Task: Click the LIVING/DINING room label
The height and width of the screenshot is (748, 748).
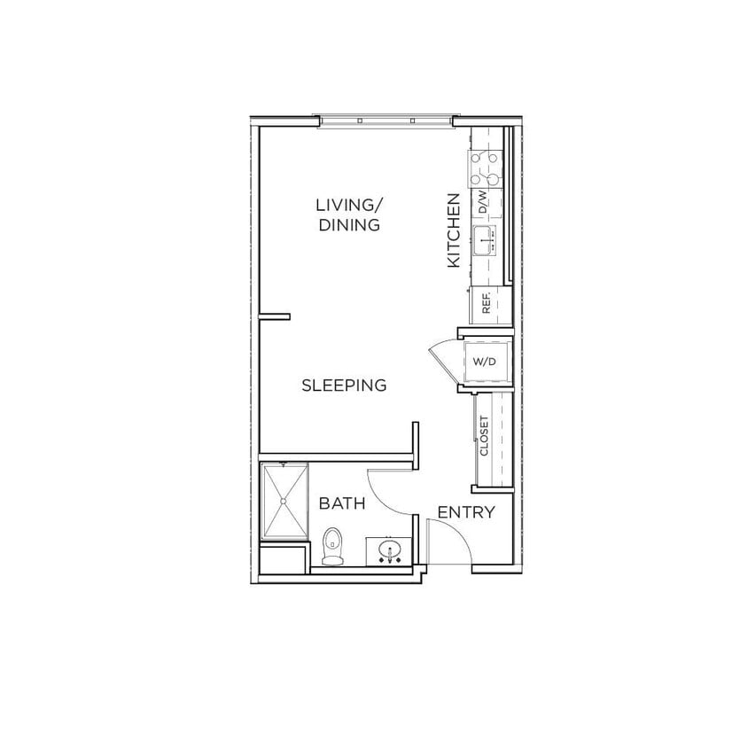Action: click(348, 215)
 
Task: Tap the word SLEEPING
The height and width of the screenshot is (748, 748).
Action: click(345, 386)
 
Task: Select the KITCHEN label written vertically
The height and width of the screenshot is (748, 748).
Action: click(453, 230)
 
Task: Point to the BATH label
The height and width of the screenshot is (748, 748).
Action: click(342, 504)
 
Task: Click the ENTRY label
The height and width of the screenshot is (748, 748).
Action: click(466, 512)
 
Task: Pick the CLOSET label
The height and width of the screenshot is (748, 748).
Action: click(484, 436)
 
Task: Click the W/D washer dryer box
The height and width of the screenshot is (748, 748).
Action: click(485, 362)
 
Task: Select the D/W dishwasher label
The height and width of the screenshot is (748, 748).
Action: click(482, 203)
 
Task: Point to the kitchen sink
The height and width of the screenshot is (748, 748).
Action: click(484, 238)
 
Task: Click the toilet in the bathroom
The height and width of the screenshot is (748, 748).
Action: click(332, 545)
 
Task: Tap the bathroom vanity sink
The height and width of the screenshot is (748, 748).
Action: click(389, 553)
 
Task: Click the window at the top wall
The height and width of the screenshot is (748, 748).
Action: click(386, 121)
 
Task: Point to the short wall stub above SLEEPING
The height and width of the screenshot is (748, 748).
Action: click(274, 315)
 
